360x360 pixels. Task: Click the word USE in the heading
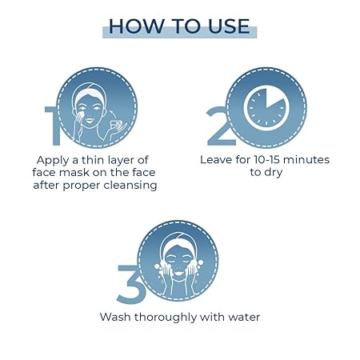pos(229,26)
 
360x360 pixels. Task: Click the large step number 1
pos(54,126)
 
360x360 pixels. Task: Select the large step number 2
pos(218,126)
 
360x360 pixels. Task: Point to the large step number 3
pos(129,285)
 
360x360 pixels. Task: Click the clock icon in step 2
pos(266,108)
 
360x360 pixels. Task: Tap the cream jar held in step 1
pos(117,124)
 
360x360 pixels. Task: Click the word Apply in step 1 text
pos(53,161)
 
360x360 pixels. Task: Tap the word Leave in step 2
pos(216,160)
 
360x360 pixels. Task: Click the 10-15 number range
pos(266,160)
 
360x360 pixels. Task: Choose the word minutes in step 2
pos(306,160)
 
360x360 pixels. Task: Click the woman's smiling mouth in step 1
pos(90,121)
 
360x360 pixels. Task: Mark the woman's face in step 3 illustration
pos(178,262)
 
